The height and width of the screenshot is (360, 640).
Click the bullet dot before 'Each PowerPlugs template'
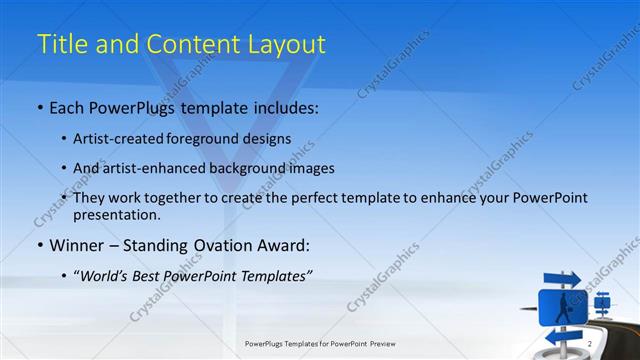point(39,106)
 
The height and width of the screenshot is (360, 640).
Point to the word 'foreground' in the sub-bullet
point(216,138)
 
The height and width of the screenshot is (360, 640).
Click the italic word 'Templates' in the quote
point(272,275)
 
